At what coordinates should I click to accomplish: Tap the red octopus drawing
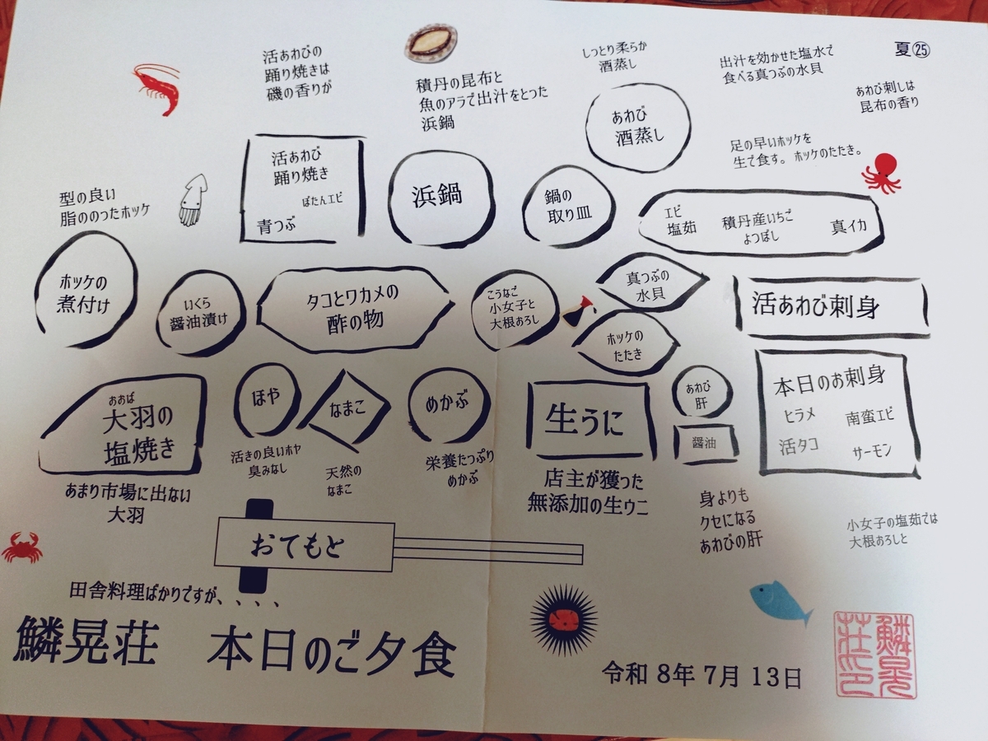point(881,173)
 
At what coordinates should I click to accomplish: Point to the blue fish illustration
point(780,604)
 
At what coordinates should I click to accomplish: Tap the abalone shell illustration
point(431,44)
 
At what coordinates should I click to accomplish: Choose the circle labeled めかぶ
point(412,405)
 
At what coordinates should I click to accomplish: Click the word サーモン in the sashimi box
point(872,452)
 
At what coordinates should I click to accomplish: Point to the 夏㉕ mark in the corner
point(912,49)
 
